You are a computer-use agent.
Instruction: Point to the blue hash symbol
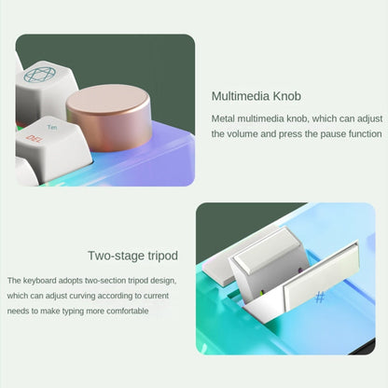tap(320, 298)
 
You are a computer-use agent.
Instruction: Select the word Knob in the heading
tap(287, 96)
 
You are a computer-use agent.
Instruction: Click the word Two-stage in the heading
tap(117, 256)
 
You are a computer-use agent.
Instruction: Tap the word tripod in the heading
tap(163, 256)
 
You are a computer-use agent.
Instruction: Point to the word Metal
tap(223, 118)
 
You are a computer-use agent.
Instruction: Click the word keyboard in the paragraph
tap(39, 281)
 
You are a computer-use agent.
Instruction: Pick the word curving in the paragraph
tap(81, 296)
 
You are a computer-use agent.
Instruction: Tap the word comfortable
tap(128, 311)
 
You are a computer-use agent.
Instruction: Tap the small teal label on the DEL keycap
tap(52, 127)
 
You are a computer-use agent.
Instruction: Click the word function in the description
tap(365, 134)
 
